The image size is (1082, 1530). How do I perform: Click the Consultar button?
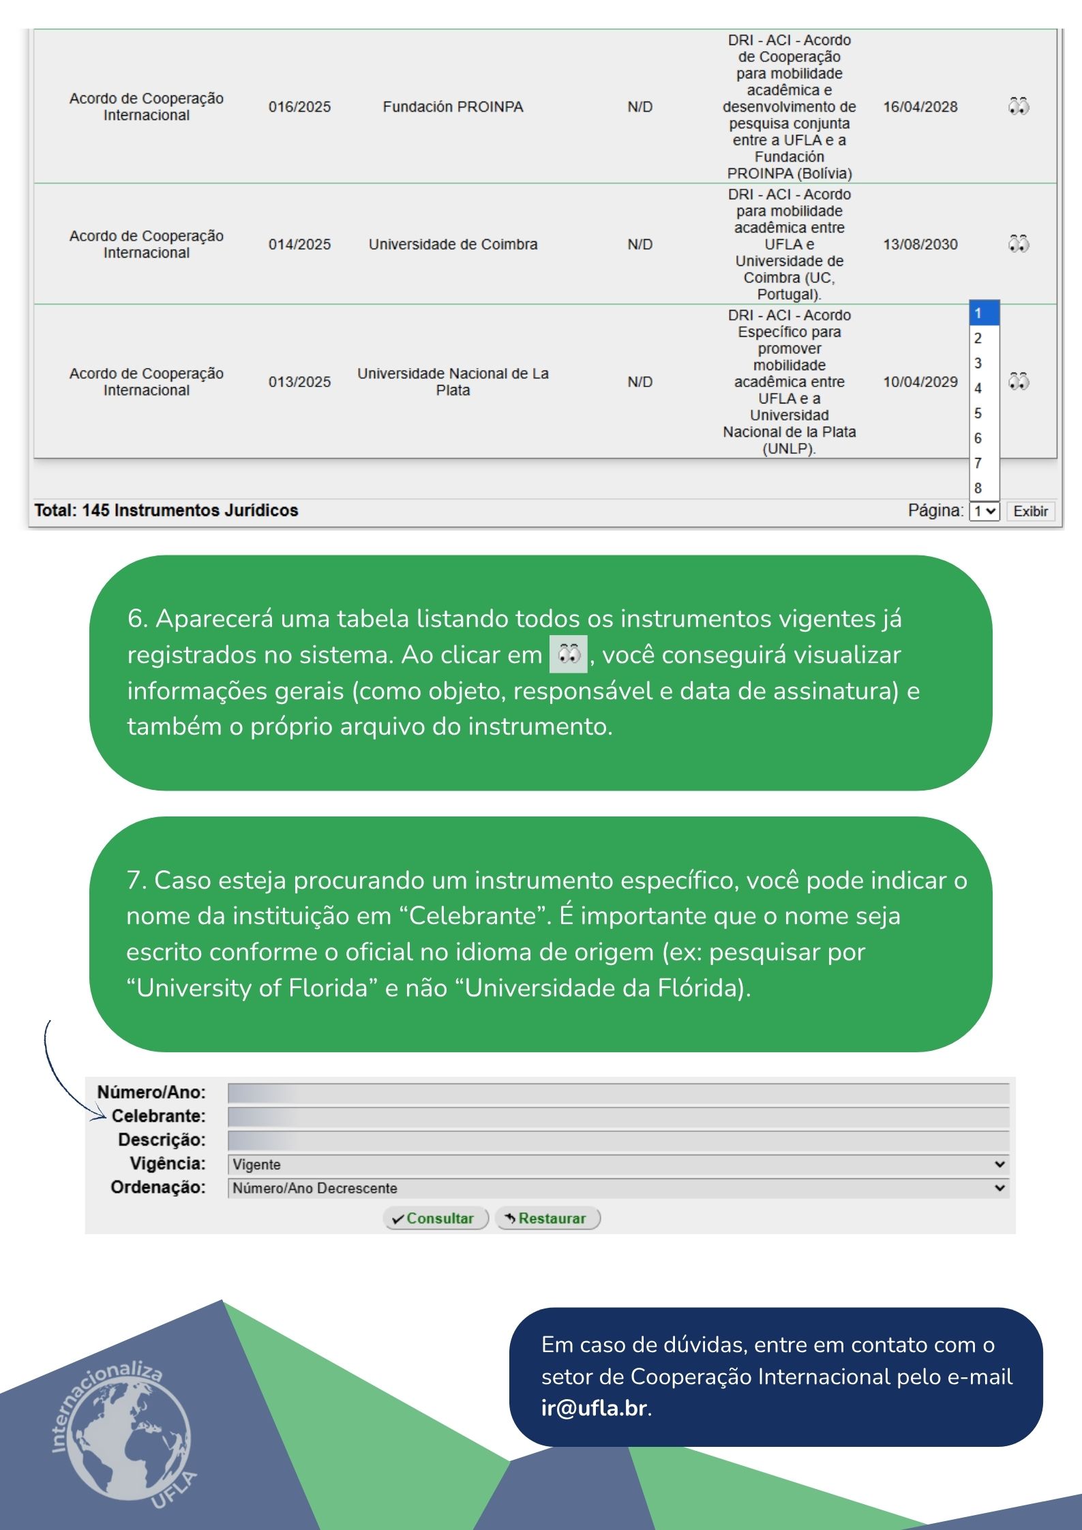point(436,1218)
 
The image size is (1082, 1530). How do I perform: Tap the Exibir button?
point(1030,511)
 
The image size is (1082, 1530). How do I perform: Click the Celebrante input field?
point(618,1116)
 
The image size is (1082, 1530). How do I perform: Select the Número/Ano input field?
point(618,1092)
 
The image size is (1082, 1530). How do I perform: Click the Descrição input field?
point(618,1140)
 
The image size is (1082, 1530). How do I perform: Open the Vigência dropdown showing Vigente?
point(618,1164)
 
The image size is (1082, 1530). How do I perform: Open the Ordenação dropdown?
point(618,1188)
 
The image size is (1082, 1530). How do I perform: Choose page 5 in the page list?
point(978,414)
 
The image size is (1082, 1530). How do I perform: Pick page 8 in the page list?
point(978,488)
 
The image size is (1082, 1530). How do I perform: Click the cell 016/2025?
point(299,107)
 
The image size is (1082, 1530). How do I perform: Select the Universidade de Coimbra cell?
point(453,244)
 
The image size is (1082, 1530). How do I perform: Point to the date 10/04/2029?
point(920,382)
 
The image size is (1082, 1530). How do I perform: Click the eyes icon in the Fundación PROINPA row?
point(1019,106)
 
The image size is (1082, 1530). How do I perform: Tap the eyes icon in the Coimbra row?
point(1019,244)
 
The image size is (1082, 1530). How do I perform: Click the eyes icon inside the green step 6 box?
point(569,654)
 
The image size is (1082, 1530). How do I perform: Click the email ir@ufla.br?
point(594,1407)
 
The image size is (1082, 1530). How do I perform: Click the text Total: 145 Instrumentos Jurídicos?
point(166,510)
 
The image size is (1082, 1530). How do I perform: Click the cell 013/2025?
point(299,382)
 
